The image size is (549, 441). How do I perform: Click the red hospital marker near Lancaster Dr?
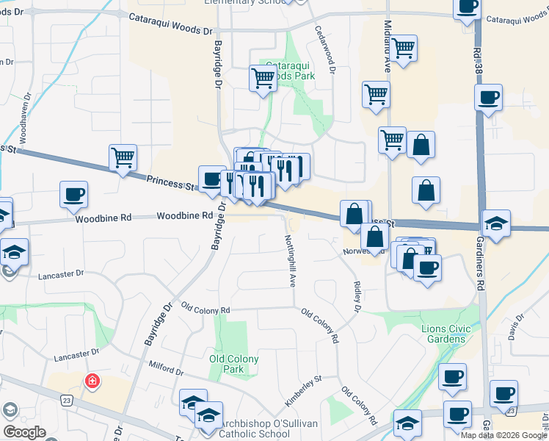pos(92,381)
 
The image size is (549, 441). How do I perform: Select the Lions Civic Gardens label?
pos(443,334)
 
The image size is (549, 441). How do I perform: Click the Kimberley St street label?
pos(303,391)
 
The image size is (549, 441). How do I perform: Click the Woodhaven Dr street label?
pos(24,118)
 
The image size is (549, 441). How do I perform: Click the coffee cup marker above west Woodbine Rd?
pos(73,195)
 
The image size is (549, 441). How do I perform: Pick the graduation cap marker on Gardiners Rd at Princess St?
pos(496,223)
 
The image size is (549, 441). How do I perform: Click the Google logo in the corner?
pos(24,432)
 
